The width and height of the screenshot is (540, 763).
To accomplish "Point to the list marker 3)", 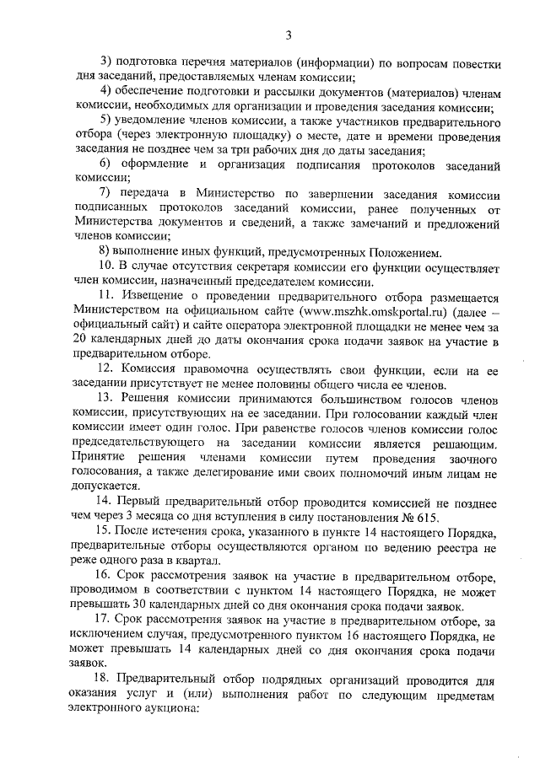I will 107,62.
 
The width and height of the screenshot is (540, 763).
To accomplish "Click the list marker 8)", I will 106,252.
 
